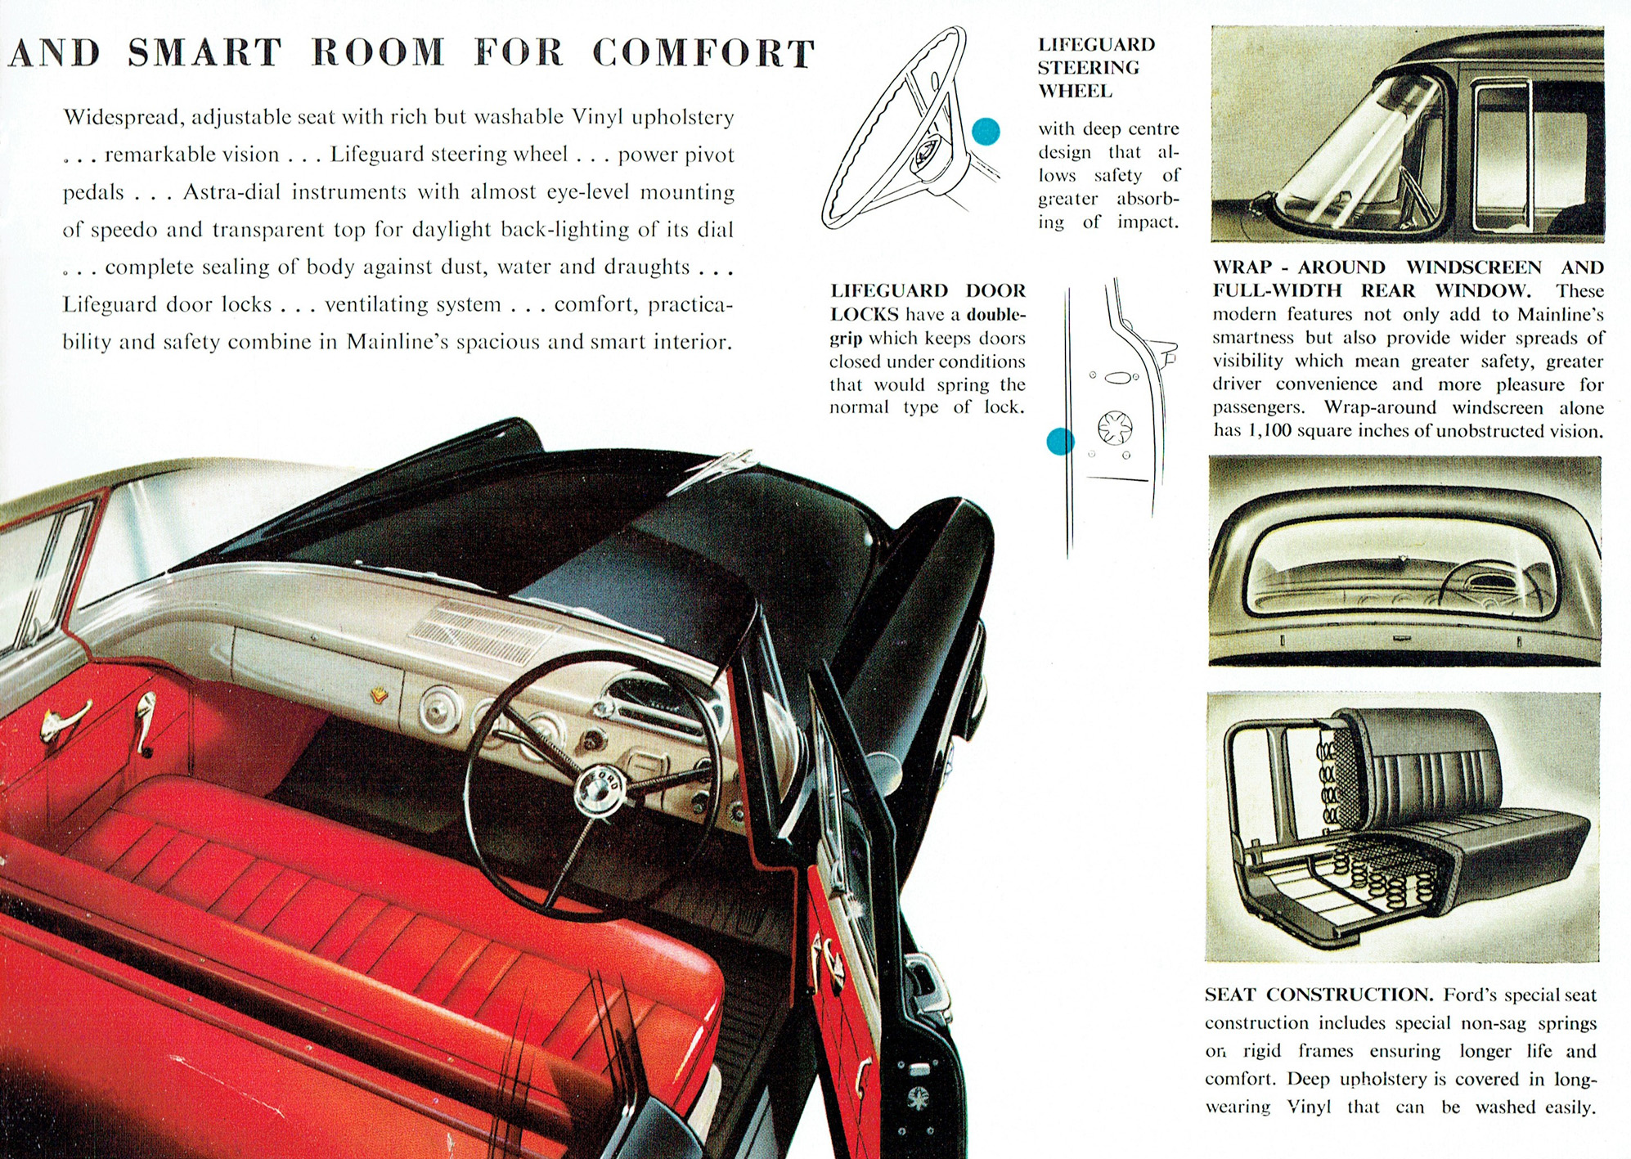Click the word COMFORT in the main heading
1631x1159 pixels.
coord(703,54)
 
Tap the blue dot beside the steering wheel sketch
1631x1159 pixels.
coord(986,131)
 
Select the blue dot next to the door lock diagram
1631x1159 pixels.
coord(1060,442)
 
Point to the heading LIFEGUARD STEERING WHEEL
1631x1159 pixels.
coord(1096,68)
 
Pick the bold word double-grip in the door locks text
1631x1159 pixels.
coord(928,326)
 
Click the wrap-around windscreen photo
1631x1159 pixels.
coord(1407,133)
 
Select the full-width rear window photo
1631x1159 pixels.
coord(1404,561)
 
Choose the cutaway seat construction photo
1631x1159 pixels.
coord(1402,827)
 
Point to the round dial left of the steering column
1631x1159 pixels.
coord(441,708)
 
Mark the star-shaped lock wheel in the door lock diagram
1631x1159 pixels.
coord(1115,427)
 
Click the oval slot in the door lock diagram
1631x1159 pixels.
coord(1117,377)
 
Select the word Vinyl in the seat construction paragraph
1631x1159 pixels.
coord(1309,1107)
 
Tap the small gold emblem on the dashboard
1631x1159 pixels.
coord(379,695)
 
